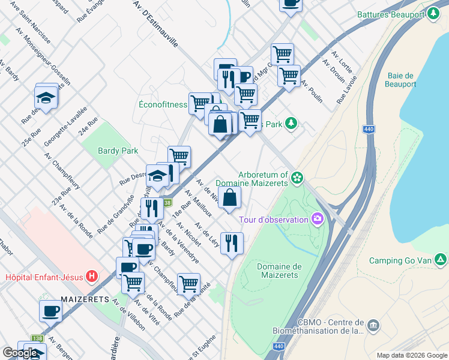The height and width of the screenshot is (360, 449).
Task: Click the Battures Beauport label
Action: point(390,14)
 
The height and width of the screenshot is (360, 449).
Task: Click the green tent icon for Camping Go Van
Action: point(441,260)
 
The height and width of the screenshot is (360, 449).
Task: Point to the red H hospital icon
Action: point(91,277)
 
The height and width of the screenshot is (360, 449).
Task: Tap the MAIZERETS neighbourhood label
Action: point(84,299)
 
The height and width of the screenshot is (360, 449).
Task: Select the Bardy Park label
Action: point(118,151)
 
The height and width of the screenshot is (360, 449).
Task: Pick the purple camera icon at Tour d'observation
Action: point(317,220)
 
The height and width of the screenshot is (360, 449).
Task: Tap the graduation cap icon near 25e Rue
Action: point(46,96)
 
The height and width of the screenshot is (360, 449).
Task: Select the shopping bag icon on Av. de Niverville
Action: point(231,197)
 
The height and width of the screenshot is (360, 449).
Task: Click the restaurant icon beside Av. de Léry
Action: point(232,243)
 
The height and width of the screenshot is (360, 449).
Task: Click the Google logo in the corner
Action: point(20,353)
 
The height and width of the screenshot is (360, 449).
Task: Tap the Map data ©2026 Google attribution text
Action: point(411,355)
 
